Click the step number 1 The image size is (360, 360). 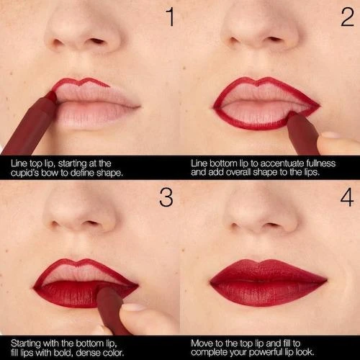(171, 17)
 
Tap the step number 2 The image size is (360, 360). (347, 17)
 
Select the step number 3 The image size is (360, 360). (166, 197)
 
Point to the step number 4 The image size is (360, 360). (347, 197)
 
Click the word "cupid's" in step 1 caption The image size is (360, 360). (25, 173)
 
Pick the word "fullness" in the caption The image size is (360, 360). (321, 163)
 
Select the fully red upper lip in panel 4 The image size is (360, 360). (268, 271)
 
